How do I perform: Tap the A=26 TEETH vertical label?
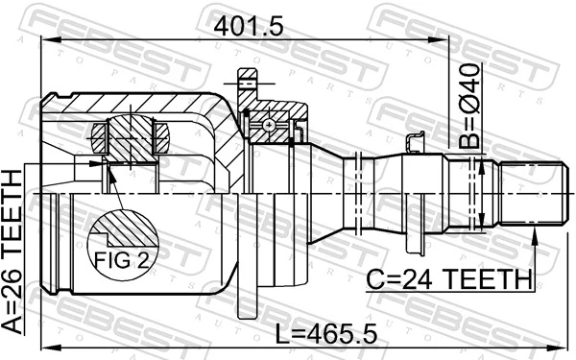[14, 251]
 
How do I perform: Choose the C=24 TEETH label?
[450, 278]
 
